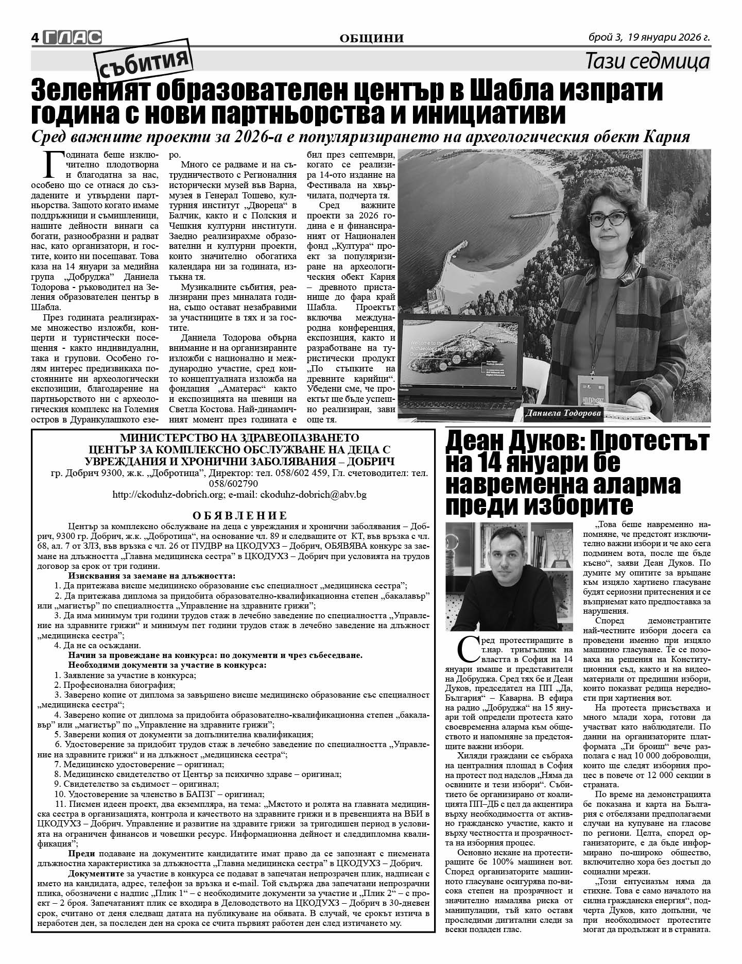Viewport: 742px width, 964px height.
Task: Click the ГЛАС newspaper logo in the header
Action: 72,37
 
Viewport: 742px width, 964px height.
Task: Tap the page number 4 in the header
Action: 36,38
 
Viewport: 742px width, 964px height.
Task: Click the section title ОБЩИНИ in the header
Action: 372,38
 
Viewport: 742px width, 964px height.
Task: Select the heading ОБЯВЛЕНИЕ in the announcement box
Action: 240,515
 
